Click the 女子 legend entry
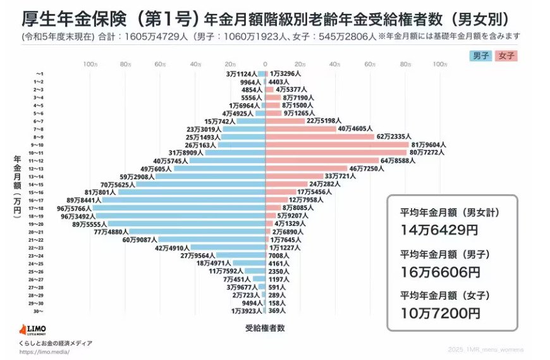point(507,56)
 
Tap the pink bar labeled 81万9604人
point(337,144)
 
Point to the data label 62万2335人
point(394,137)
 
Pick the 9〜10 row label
point(38,145)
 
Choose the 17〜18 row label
point(38,208)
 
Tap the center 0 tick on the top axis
point(266,65)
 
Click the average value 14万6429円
point(439,230)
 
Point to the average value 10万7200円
point(441,313)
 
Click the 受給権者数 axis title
point(264,328)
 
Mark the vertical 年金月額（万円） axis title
point(17,187)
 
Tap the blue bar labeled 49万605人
point(219,168)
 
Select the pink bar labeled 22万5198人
point(284,121)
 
